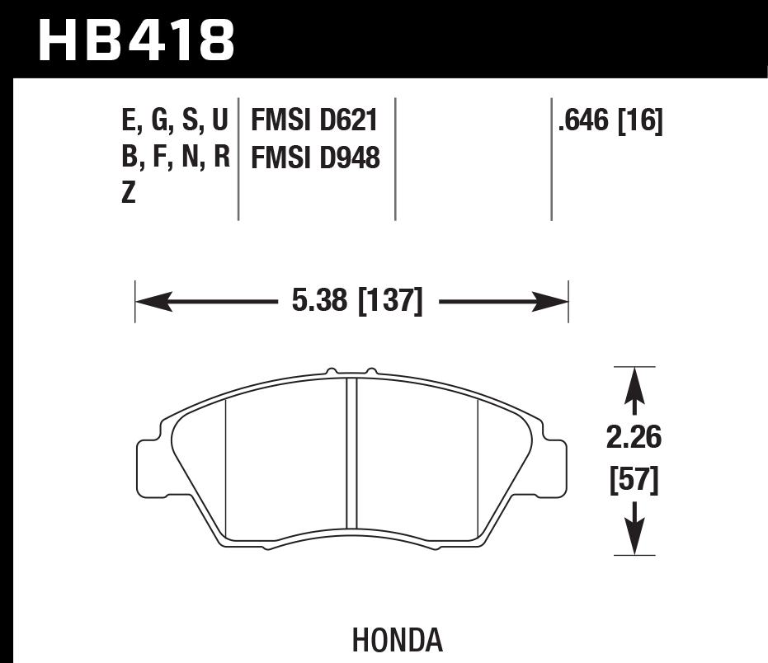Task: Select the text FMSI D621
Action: pos(313,121)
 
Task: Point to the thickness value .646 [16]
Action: pos(610,121)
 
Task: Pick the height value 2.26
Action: pos(634,438)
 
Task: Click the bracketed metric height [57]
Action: pos(634,481)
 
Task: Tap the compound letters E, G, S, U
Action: pos(174,121)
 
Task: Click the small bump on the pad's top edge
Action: pos(332,370)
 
